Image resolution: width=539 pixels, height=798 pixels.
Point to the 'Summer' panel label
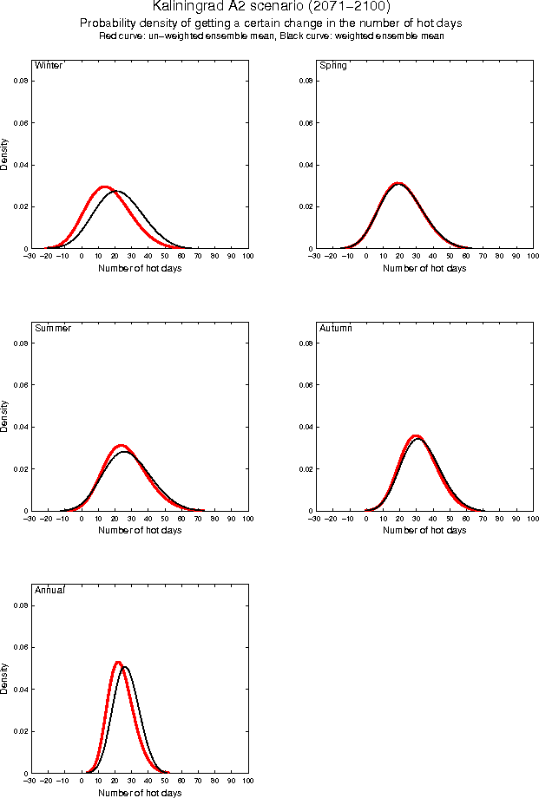point(52,328)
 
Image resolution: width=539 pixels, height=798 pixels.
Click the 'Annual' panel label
point(49,590)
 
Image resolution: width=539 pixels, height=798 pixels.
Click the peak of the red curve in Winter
point(104,186)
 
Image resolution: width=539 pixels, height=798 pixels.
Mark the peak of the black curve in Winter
point(116,191)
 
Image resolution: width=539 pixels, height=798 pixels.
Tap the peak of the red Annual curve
point(118,663)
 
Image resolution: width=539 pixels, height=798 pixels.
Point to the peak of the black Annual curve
point(125,667)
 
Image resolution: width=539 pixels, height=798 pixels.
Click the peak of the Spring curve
point(398,184)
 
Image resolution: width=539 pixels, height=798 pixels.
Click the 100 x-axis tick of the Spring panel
point(533,257)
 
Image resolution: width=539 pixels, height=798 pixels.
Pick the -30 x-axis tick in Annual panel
point(31,781)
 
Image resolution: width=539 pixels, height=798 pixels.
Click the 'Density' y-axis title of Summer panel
point(5,416)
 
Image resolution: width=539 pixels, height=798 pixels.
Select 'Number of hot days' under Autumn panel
point(424,530)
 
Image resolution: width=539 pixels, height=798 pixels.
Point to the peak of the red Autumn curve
point(416,435)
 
